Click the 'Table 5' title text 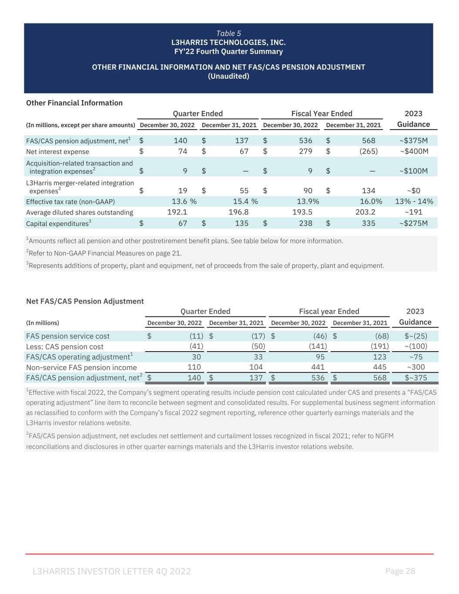coord(228,34)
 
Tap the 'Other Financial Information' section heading coord(74,103)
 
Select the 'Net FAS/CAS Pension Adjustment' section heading coord(85,301)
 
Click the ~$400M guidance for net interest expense coord(414,151)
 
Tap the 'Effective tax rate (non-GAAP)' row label coord(70,201)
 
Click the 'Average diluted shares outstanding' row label coord(80,212)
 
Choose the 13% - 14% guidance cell coord(414,201)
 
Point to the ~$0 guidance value coord(413,190)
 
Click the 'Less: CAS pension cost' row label coord(65,346)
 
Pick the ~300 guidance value coord(415,367)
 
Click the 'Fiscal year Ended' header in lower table coord(329,311)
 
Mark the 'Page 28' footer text coord(400,571)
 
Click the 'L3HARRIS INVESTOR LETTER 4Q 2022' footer coord(112,571)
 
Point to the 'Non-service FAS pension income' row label coord(81,367)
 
